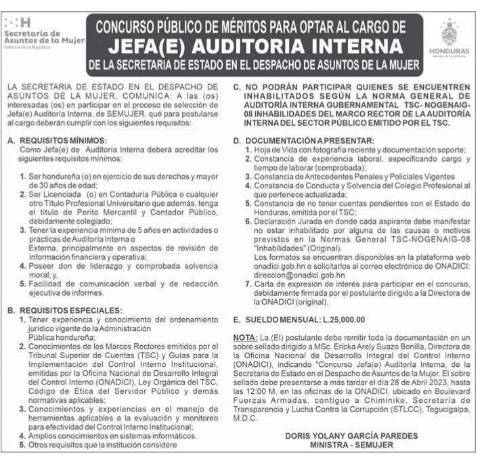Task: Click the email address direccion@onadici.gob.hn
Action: point(299,276)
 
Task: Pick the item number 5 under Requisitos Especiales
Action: point(22,445)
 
